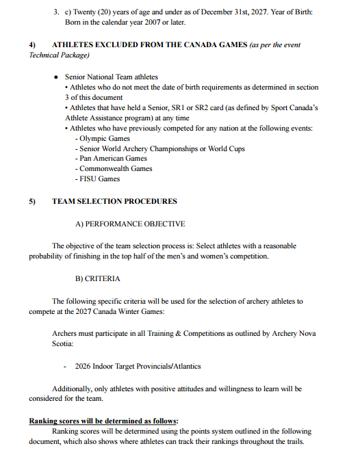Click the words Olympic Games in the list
pyautogui.click(x=105, y=138)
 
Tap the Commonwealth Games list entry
pyautogui.click(x=116, y=168)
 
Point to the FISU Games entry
pyautogui.click(x=100, y=179)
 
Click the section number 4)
pyautogui.click(x=32, y=44)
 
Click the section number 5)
pyautogui.click(x=32, y=201)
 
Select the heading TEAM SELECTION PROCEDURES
pyautogui.click(x=114, y=201)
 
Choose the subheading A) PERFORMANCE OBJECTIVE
pyautogui.click(x=130, y=223)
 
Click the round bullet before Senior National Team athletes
pyautogui.click(x=56, y=77)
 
